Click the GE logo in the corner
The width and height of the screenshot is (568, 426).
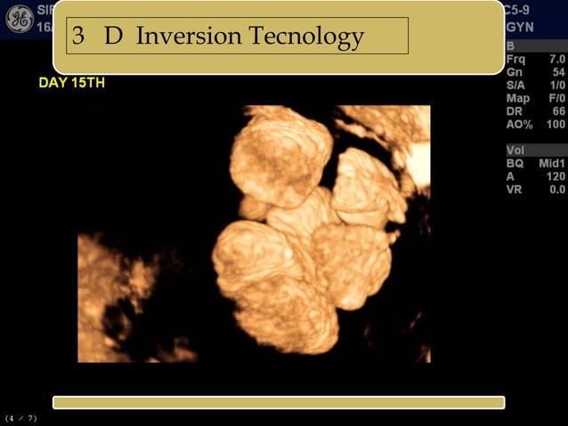click(x=19, y=18)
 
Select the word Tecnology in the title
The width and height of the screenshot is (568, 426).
click(x=307, y=37)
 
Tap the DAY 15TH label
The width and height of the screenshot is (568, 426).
click(x=72, y=83)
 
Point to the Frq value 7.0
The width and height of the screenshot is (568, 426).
click(x=556, y=58)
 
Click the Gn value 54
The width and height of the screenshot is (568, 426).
click(x=558, y=71)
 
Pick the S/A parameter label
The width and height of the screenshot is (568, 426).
click(x=516, y=85)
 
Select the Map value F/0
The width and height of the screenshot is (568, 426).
click(x=556, y=98)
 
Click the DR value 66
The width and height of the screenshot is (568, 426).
click(x=558, y=111)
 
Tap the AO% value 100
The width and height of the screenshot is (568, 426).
click(x=556, y=125)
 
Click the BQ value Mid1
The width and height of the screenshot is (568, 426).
click(x=552, y=163)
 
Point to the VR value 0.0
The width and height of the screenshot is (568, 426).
click(x=556, y=190)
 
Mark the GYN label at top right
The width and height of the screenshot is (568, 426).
click(x=518, y=28)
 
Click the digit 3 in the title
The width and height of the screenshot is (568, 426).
click(x=78, y=37)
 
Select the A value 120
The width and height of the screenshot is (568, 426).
click(x=556, y=176)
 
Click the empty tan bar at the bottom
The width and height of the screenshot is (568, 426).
click(x=279, y=403)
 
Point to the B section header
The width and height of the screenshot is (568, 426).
click(x=510, y=45)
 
